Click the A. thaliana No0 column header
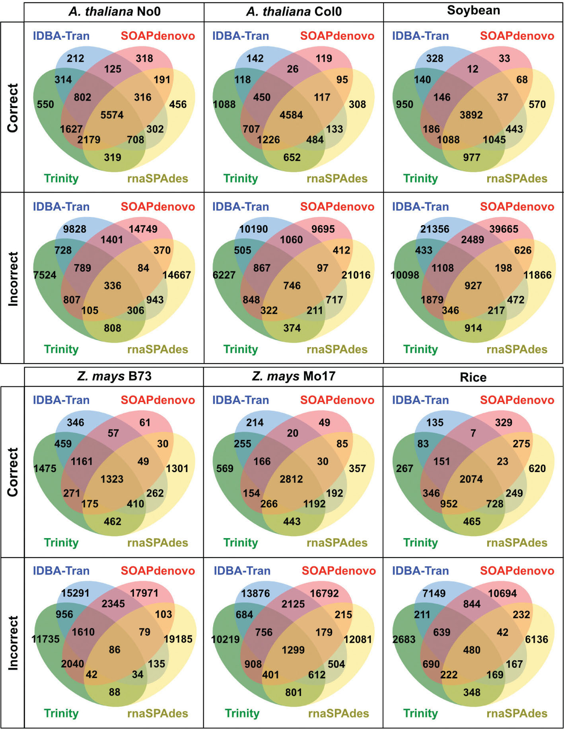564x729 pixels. [x=115, y=12]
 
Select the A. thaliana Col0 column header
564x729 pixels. [x=294, y=12]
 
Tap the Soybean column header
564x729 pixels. [x=473, y=10]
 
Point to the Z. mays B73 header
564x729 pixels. [x=114, y=376]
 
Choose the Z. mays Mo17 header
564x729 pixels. [x=294, y=376]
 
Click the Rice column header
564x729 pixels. [x=473, y=377]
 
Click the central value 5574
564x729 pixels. [x=112, y=115]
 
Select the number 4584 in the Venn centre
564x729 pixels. [x=292, y=115]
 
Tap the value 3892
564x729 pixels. [x=471, y=115]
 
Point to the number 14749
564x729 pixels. [x=143, y=229]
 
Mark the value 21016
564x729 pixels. [x=356, y=275]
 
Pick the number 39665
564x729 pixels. [x=504, y=229]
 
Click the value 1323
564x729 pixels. [x=112, y=479]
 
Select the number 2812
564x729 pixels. [x=292, y=479]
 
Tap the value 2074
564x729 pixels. [x=471, y=479]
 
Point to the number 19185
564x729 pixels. [x=178, y=639]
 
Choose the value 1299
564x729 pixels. [x=293, y=650]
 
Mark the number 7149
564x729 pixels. [x=434, y=593]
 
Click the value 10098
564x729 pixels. [x=405, y=275]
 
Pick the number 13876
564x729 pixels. [x=255, y=593]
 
